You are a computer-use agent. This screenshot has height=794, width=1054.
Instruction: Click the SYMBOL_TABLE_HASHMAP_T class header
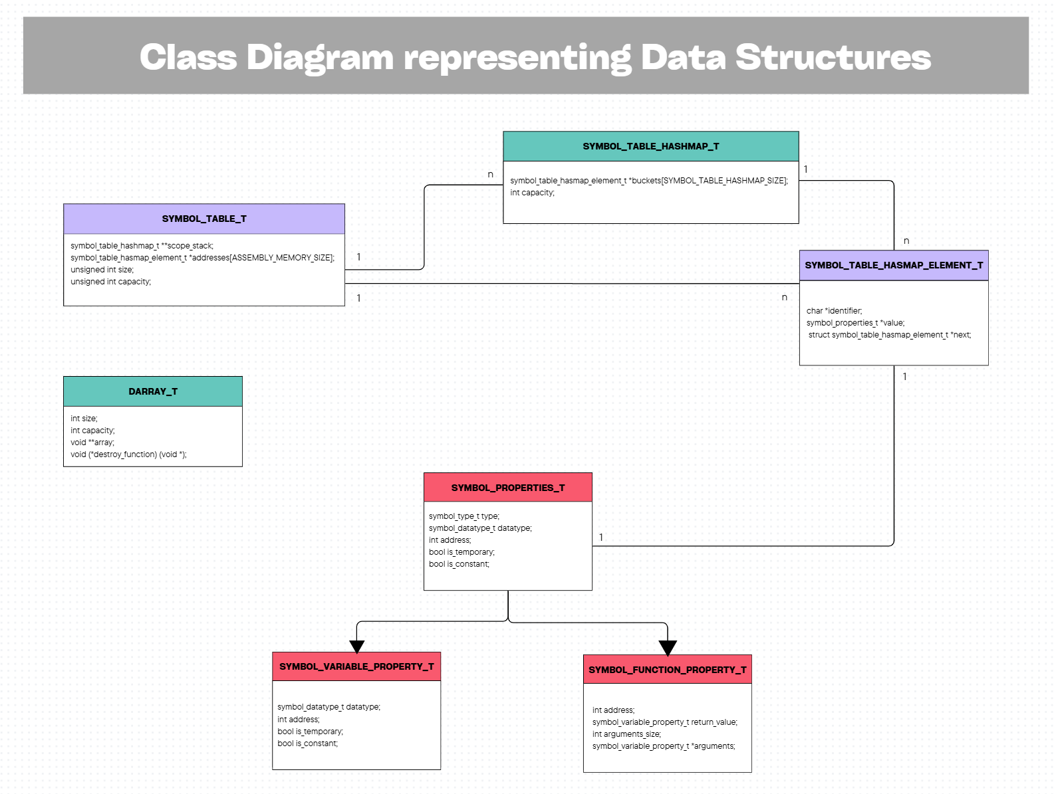click(x=650, y=146)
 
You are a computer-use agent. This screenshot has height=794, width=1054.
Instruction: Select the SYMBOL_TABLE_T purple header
click(x=203, y=219)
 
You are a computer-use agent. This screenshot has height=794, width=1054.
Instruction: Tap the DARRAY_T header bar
click(x=152, y=391)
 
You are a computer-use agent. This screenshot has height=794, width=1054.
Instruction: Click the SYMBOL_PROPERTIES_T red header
click(x=507, y=488)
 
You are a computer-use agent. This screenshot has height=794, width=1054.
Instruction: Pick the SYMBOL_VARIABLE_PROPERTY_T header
click(x=356, y=666)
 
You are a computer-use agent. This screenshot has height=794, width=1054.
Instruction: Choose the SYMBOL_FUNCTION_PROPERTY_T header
click(x=667, y=670)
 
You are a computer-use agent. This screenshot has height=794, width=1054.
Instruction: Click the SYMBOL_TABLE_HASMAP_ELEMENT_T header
click(x=893, y=265)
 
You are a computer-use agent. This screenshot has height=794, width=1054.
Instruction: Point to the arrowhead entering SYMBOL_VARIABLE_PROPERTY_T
click(x=357, y=646)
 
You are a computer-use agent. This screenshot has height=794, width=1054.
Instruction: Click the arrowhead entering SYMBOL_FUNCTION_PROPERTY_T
click(x=668, y=648)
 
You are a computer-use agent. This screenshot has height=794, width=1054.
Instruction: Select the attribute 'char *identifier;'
click(x=834, y=311)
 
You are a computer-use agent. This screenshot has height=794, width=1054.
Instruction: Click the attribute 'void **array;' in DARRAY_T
click(x=92, y=443)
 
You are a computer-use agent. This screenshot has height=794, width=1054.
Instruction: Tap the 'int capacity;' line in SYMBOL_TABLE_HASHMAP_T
click(x=532, y=193)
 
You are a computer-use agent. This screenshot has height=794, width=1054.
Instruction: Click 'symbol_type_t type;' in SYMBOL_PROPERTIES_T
click(x=463, y=516)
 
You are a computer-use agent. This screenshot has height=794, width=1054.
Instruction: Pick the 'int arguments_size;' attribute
click(x=626, y=734)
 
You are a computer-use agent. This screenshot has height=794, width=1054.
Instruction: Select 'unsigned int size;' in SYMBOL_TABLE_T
click(x=102, y=270)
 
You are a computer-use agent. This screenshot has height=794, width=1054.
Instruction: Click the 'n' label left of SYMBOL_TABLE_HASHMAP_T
click(x=491, y=175)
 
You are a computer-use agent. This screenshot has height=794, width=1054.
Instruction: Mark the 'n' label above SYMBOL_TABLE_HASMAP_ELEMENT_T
click(x=906, y=241)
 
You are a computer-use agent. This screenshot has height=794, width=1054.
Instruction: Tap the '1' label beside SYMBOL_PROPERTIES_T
click(x=601, y=537)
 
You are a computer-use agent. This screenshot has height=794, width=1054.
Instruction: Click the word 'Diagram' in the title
click(x=320, y=57)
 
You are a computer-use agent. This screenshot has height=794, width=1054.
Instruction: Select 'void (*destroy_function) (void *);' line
click(x=128, y=454)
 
